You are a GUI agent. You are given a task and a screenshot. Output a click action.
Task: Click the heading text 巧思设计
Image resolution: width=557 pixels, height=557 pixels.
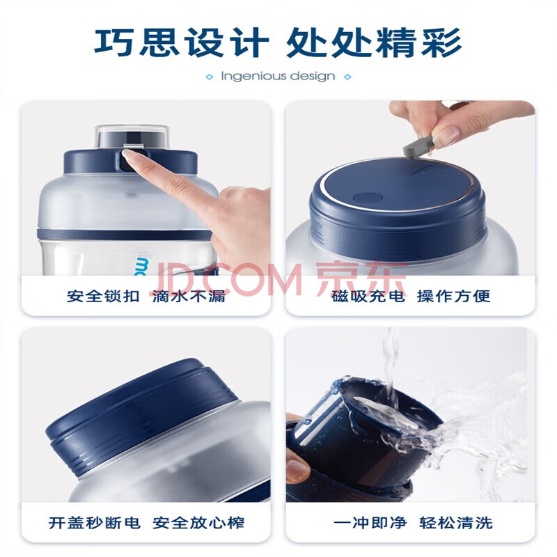pyautogui.click(x=181, y=42)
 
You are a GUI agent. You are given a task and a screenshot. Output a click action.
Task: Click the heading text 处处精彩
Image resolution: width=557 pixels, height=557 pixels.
pyautogui.click(x=374, y=42)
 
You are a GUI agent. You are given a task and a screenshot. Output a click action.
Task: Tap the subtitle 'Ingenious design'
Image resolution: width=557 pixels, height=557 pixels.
pyautogui.click(x=278, y=77)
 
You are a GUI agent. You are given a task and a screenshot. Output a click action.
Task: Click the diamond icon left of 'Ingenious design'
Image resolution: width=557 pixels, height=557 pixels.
pyautogui.click(x=210, y=77)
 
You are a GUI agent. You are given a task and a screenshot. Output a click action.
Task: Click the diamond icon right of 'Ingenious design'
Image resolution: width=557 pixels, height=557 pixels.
pyautogui.click(x=347, y=77)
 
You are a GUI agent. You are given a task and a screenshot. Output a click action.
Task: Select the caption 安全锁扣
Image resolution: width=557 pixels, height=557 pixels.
pyautogui.click(x=103, y=297)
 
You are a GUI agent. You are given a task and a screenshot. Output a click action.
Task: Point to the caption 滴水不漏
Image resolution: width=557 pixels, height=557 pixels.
pyautogui.click(x=189, y=297)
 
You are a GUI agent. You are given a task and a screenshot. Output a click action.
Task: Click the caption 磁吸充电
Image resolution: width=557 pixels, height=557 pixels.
pyautogui.click(x=368, y=297)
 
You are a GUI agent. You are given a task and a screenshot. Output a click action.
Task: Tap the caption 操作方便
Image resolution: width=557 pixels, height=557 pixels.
pyautogui.click(x=454, y=297)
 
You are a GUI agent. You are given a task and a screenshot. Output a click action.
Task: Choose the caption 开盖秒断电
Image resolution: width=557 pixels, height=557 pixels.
pyautogui.click(x=95, y=523)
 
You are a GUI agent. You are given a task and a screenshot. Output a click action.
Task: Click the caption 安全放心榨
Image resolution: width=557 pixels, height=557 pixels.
pyautogui.click(x=198, y=523)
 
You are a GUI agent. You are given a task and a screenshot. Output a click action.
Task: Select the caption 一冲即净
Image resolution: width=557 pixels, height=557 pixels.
pyautogui.click(x=370, y=523)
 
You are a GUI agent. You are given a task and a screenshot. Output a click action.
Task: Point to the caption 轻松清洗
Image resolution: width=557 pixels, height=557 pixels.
pyautogui.click(x=456, y=523)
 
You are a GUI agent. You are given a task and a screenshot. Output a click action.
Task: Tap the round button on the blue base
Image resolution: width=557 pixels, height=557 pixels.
pyautogui.click(x=368, y=198)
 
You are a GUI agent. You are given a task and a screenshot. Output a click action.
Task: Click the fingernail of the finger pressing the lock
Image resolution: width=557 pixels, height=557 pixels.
pyautogui.click(x=128, y=155)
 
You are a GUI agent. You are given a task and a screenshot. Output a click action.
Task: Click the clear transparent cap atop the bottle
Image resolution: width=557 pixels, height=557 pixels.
pyautogui.click(x=132, y=136)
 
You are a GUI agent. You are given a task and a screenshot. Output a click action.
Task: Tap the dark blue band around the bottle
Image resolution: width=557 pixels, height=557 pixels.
pyautogui.click(x=125, y=235)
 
